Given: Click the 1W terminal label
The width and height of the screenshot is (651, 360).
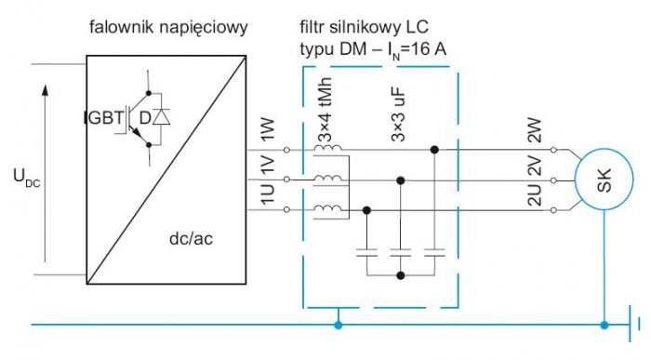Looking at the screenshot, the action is pos(268,129).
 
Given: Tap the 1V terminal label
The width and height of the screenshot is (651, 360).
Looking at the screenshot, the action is pos(268,166).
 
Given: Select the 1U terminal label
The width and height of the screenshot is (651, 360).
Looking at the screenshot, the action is pos(268,194).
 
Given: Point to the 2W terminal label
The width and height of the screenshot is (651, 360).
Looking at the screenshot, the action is pos(535,130).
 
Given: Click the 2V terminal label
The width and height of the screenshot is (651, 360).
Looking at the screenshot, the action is pos(535,167).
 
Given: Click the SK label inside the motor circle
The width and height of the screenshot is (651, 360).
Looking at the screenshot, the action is pos(604,180).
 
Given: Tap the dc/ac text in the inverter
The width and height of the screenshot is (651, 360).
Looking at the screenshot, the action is pos(191,238).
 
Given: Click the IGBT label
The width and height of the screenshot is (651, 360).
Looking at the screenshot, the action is pos(104,117).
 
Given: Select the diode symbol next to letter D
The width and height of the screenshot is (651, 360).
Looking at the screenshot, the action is pos(161,116).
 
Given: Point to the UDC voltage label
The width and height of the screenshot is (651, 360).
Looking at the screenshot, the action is pos(27,178).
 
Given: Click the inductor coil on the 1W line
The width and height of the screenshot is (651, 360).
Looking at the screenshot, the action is pos(328,148).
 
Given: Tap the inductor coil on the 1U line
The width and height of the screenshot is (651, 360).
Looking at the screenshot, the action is pos(328,208).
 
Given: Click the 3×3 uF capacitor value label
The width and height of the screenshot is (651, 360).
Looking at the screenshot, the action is pos(398,115).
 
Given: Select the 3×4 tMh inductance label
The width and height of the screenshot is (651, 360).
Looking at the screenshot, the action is pos(325,110).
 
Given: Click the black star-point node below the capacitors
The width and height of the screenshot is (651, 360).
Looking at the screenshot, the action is pos(401,275).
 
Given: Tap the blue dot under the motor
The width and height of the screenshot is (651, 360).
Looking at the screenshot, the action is pos(604,325).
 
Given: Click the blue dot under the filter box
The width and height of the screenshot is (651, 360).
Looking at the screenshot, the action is pos(339,325).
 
